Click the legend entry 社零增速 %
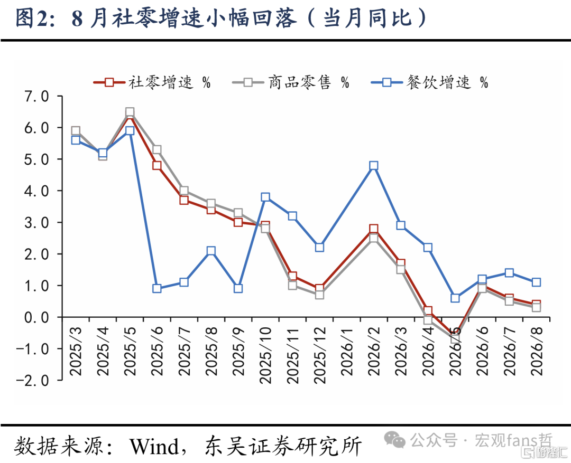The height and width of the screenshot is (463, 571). point(152,82)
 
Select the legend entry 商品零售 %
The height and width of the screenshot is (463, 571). point(291,82)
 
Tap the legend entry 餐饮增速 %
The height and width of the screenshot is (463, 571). point(430,82)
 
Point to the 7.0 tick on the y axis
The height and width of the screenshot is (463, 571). point(36,97)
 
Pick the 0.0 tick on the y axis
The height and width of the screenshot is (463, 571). point(36,317)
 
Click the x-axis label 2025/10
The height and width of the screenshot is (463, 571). point(265,355)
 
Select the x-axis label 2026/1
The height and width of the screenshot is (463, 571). point(347,352)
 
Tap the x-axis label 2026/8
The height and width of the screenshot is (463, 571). point(537,352)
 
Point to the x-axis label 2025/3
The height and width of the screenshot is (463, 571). point(76,352)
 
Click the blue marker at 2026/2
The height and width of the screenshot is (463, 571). point(374,166)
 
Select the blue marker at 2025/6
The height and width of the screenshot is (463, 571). point(157,288)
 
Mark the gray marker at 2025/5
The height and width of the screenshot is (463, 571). point(130,112)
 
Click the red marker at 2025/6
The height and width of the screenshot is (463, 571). point(157,165)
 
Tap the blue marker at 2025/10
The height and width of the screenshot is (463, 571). point(265,197)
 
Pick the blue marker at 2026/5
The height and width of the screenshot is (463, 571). point(455,298)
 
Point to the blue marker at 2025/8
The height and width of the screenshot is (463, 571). point(211,251)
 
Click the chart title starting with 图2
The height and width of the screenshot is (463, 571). point(221,18)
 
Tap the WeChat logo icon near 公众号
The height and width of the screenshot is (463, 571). point(395,440)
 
